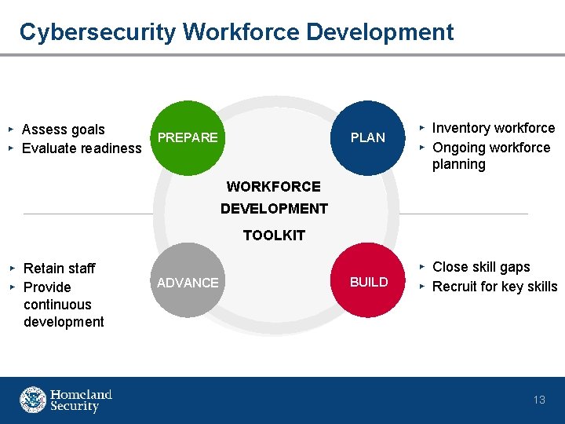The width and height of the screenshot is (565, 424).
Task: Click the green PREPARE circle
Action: pyautogui.click(x=187, y=137)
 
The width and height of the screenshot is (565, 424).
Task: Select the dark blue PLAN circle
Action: pyautogui.click(x=367, y=137)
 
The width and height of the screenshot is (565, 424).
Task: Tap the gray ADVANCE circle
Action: pyautogui.click(x=188, y=282)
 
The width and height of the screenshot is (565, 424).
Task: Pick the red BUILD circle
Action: pyautogui.click(x=369, y=282)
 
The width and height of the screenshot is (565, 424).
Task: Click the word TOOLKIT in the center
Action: pyautogui.click(x=274, y=236)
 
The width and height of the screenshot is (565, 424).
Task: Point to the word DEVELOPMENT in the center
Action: pyautogui.click(x=274, y=209)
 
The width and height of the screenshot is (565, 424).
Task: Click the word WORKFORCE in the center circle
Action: pyautogui.click(x=274, y=187)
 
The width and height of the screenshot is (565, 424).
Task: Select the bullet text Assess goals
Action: pyautogui.click(x=64, y=130)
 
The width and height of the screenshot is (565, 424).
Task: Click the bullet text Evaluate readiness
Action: pyautogui.click(x=82, y=148)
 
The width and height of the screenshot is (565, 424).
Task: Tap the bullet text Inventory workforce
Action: pyautogui.click(x=494, y=128)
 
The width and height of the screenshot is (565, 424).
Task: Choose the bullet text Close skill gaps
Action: pyautogui.click(x=481, y=267)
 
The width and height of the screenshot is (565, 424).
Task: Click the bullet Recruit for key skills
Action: pyautogui.click(x=494, y=287)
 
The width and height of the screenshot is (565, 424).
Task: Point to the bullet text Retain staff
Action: pyautogui.click(x=60, y=269)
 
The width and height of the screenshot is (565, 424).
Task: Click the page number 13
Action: pyautogui.click(x=539, y=400)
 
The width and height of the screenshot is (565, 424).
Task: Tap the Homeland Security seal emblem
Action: pyautogui.click(x=33, y=400)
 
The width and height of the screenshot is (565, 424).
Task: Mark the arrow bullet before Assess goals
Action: pyautogui.click(x=11, y=128)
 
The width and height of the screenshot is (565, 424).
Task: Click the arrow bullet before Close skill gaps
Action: pyautogui.click(x=421, y=266)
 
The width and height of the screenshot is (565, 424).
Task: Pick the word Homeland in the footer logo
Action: pyautogui.click(x=82, y=394)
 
